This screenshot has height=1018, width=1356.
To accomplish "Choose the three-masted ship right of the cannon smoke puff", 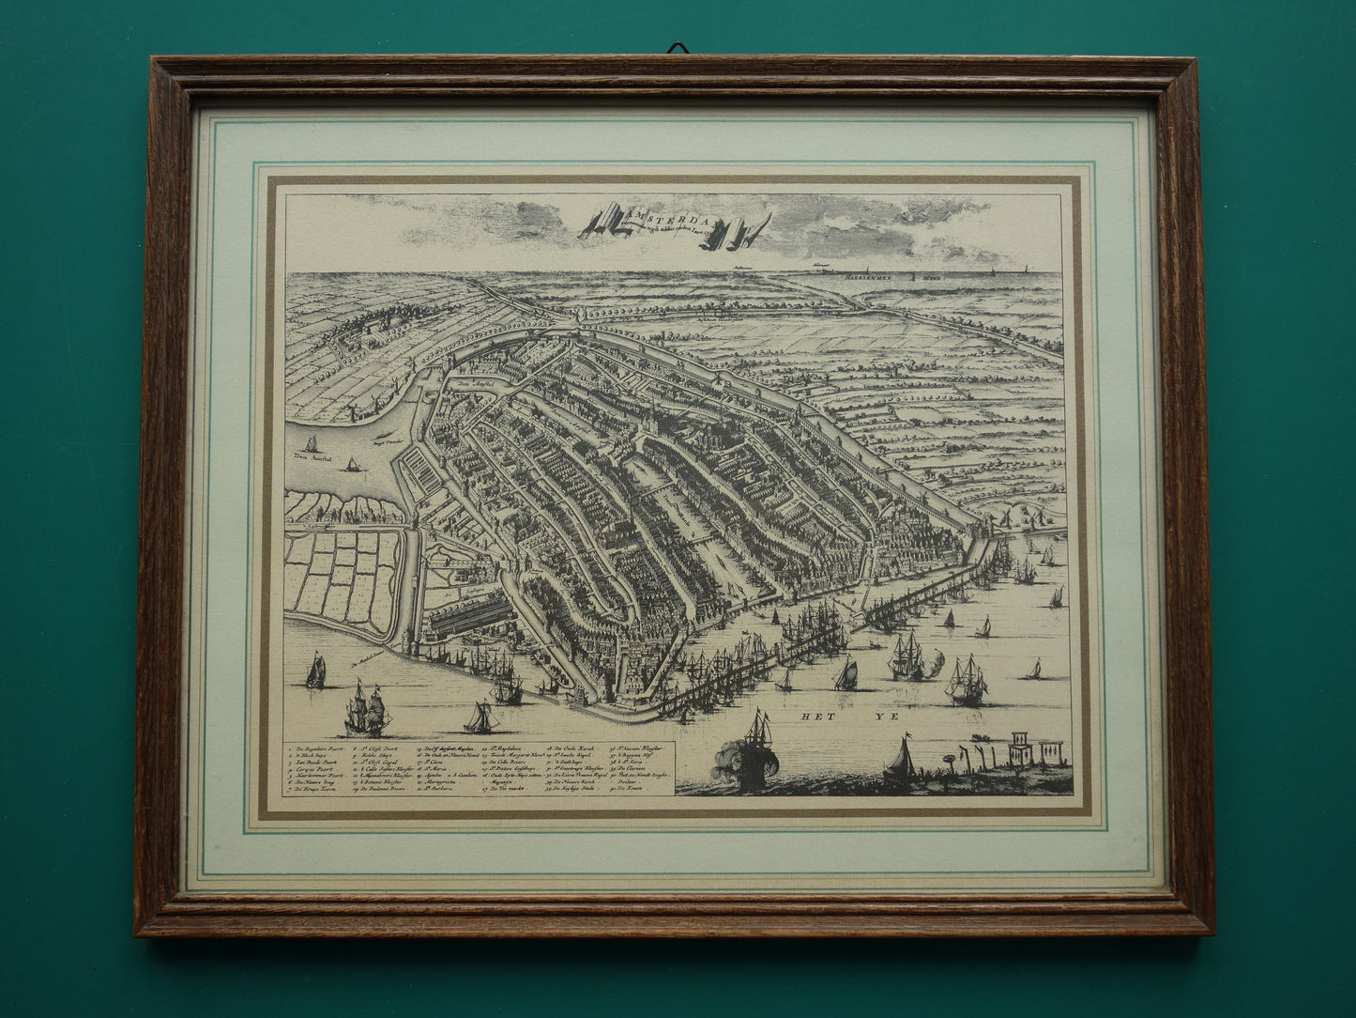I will click(x=966, y=677).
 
